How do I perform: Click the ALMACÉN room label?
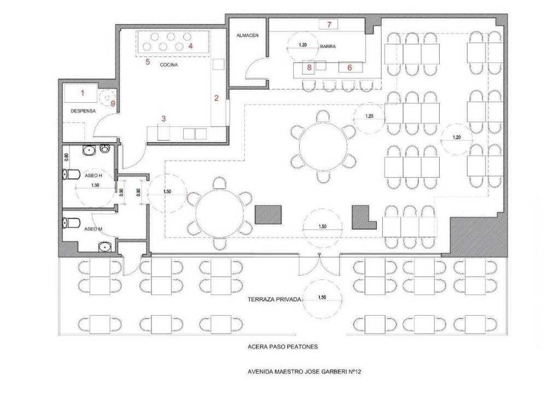pyautogui.click(x=247, y=36)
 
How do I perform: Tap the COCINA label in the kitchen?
pyautogui.click(x=168, y=65)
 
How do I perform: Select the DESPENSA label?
pyautogui.click(x=83, y=111)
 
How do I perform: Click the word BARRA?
pyautogui.click(x=328, y=46)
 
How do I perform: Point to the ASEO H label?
pyautogui.click(x=93, y=176)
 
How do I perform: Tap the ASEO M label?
pyautogui.click(x=93, y=229)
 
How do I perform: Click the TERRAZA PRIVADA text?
pyautogui.click(x=275, y=299)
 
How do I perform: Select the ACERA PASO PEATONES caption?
pyautogui.click(x=283, y=346)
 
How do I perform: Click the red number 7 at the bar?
pyautogui.click(x=329, y=24)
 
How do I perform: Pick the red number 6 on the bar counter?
pyautogui.click(x=349, y=67)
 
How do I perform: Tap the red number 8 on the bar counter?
pyautogui.click(x=310, y=67)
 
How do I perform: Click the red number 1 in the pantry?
pyautogui.click(x=83, y=93)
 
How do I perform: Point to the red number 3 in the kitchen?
pyautogui.click(x=164, y=119)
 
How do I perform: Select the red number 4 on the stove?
pyautogui.click(x=190, y=46)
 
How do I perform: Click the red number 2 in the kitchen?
pyautogui.click(x=216, y=98)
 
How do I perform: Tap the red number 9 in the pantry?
pyautogui.click(x=113, y=103)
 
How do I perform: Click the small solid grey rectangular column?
pyautogui.click(x=268, y=214)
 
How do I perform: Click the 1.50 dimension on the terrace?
pyautogui.click(x=322, y=297)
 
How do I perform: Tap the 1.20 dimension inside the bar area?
pyautogui.click(x=302, y=45)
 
